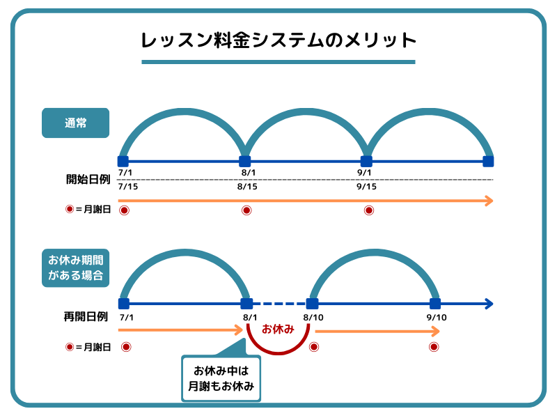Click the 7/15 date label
click(129, 187)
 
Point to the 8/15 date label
click(247, 187)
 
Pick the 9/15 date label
click(366, 187)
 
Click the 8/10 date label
click(315, 318)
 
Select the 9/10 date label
click(436, 318)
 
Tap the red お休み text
click(278, 328)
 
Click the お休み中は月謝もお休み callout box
click(221, 378)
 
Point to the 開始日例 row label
click(84, 179)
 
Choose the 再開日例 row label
click(84, 317)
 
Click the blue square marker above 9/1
click(366, 161)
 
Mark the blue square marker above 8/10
click(313, 304)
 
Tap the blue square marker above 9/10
click(435, 304)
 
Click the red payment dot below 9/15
click(369, 210)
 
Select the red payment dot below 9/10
click(434, 347)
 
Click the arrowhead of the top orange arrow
click(489, 201)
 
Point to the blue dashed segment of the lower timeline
click(279, 304)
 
